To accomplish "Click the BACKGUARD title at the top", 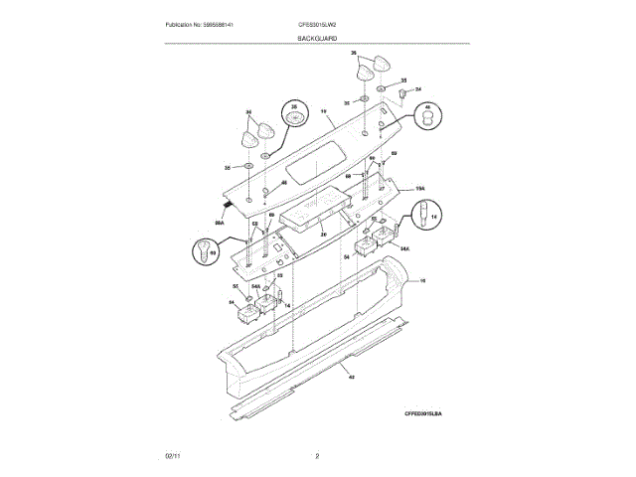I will [317, 38].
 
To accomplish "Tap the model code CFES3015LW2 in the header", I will [317, 24].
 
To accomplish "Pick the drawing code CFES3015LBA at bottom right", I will [423, 412].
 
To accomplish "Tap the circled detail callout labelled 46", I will [427, 116].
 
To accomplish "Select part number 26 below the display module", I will [322, 235].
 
